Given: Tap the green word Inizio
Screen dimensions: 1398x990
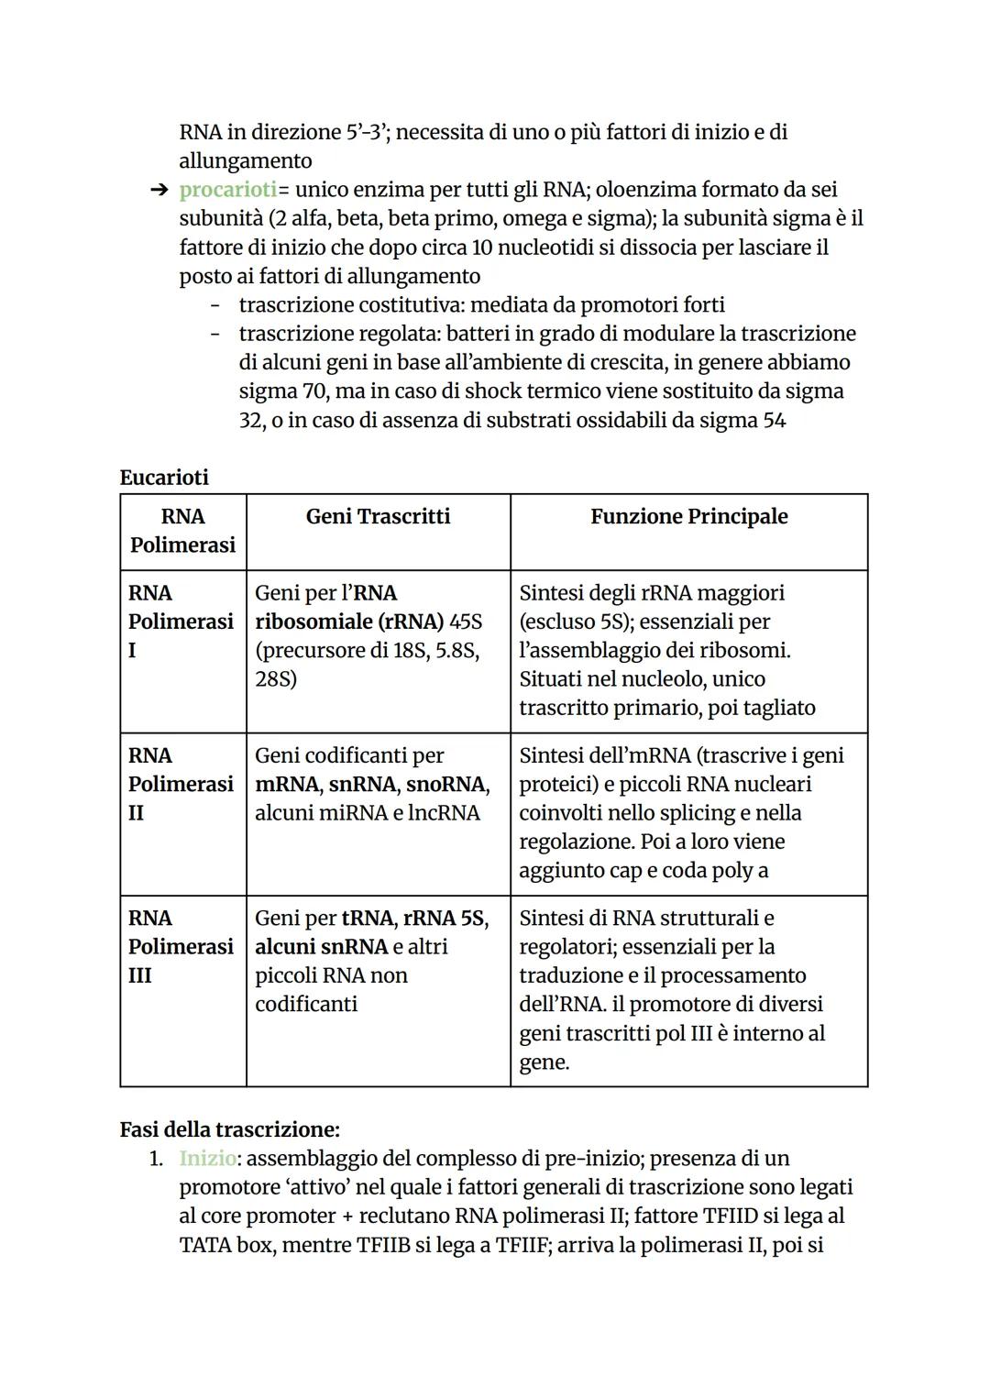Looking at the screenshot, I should [x=207, y=1158].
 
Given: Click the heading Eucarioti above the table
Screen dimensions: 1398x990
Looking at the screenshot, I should [x=164, y=478].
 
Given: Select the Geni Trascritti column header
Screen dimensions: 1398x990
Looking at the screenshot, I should [x=378, y=516].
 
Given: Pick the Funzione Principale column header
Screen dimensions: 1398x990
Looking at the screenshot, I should [x=688, y=516].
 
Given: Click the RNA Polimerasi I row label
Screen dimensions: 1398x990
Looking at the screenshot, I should [x=181, y=622].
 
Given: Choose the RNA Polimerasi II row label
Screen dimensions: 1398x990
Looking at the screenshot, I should [x=181, y=784].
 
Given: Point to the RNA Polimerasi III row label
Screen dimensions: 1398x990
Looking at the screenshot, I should [x=181, y=946].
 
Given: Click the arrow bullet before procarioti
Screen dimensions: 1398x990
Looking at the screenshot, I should [x=159, y=191].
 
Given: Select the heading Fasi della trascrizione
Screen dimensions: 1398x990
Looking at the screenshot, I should [x=229, y=1129].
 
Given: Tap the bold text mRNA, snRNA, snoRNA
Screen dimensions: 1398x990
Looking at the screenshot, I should [x=372, y=785].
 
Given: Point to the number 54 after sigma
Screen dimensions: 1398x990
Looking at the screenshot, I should [x=774, y=421].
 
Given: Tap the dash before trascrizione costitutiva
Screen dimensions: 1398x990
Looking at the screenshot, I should [x=215, y=305].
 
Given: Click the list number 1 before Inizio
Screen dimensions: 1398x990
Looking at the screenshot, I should [x=156, y=1159].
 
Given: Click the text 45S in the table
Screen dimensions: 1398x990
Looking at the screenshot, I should [x=466, y=622].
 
